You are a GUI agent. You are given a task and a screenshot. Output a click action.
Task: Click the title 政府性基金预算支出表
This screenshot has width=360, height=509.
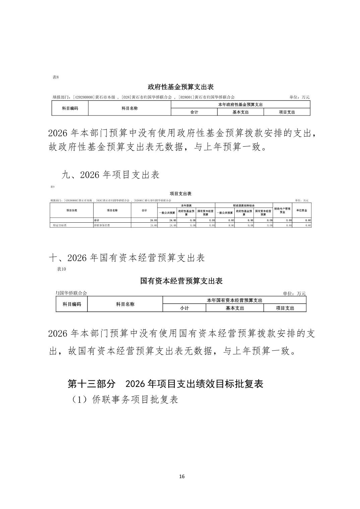[181, 87]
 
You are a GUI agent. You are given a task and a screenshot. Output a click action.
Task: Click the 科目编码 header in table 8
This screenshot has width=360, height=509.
[70, 108]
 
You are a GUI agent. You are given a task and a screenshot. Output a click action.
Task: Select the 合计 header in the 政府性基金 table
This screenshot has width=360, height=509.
[194, 112]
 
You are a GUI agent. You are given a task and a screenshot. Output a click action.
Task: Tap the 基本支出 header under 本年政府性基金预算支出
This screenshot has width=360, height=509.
[240, 112]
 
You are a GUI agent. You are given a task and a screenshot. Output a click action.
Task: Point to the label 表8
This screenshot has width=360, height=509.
[56, 77]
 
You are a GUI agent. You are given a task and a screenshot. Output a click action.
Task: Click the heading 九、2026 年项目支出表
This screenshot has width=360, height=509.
[111, 174]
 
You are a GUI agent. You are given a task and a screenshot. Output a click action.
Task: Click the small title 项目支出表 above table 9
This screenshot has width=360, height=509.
[180, 194]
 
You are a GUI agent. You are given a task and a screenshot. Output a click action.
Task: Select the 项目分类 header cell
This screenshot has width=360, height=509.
[71, 210]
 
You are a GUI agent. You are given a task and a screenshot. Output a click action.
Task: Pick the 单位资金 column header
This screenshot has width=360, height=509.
[302, 210]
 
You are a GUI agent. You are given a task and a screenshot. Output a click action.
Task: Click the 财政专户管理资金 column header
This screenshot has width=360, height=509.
[282, 210]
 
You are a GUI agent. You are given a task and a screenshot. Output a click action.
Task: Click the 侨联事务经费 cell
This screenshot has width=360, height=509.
[102, 226]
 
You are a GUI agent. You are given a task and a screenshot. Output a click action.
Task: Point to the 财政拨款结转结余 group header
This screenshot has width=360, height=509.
[244, 205]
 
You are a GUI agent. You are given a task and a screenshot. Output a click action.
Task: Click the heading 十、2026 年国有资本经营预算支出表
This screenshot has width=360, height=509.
[127, 258]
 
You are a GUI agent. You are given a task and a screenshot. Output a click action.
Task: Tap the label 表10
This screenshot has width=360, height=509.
[61, 269]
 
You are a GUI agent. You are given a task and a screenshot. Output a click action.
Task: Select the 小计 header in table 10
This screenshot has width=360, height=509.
[184, 308]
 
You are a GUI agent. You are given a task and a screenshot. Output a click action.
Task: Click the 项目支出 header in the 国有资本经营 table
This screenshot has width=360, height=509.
[285, 308]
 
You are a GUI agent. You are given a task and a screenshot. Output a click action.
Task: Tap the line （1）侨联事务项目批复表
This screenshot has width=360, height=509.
[124, 399]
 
